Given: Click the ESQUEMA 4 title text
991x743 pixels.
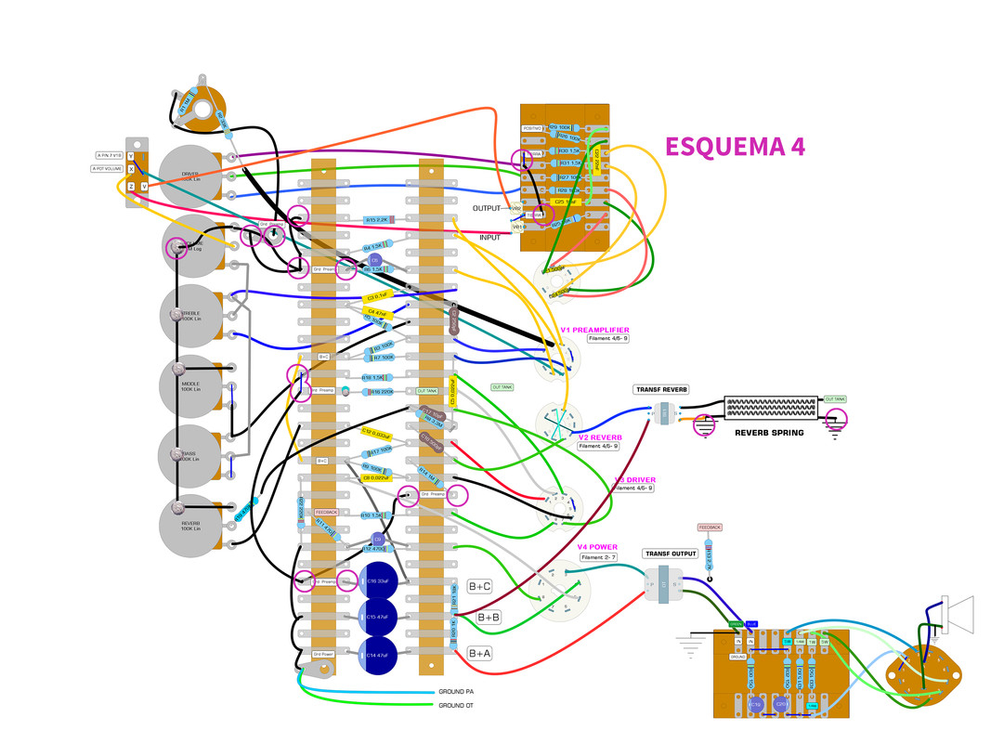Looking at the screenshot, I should point(734,147).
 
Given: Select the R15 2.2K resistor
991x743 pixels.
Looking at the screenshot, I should point(376,219).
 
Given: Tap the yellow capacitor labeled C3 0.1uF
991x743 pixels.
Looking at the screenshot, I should point(376,297).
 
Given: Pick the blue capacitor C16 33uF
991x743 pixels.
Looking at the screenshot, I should point(375,580).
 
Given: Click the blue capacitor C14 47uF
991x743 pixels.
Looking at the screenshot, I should point(375,656).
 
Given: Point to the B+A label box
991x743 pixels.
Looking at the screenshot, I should point(479,654).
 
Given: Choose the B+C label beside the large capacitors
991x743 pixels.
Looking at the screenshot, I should point(479,586).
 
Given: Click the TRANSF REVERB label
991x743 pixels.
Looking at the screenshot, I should point(661,389).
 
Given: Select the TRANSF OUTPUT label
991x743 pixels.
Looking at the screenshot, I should point(672,554).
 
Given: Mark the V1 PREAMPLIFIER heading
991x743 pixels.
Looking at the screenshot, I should point(594,330).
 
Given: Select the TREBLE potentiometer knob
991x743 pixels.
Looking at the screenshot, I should point(190,314).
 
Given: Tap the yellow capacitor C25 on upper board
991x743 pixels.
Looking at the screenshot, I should point(561,201).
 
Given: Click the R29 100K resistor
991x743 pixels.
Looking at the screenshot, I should point(564,126).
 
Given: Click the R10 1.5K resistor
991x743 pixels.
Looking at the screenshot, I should point(372,515).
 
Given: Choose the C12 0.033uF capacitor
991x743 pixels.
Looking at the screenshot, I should point(376,433).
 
